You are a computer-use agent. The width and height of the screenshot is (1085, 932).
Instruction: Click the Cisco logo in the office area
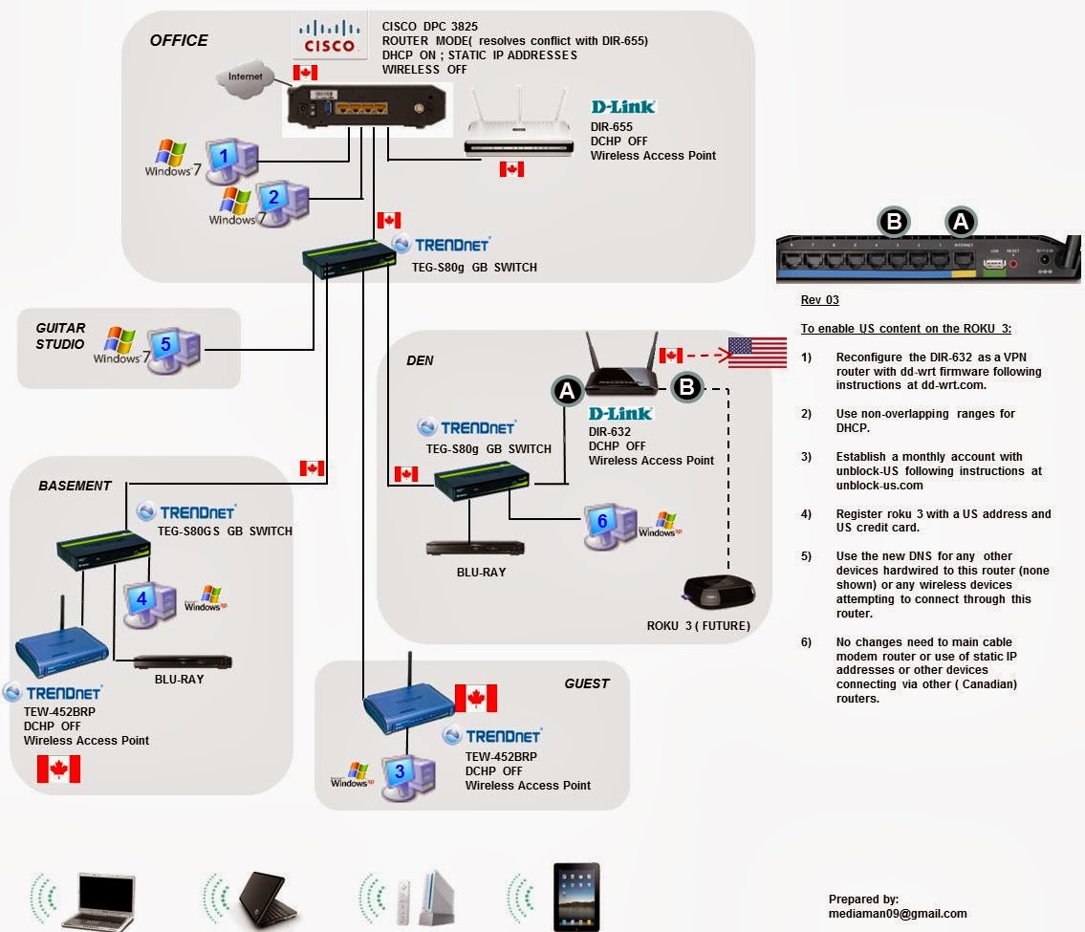pyautogui.click(x=330, y=37)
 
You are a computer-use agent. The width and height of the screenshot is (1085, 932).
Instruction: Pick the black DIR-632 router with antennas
pyautogui.click(x=620, y=368)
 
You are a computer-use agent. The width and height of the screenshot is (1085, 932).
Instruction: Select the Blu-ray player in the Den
pyautogui.click(x=466, y=549)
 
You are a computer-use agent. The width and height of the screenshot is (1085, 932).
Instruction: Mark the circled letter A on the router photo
pyautogui.click(x=961, y=223)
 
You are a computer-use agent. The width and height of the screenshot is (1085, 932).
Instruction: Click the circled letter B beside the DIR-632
pyautogui.click(x=687, y=387)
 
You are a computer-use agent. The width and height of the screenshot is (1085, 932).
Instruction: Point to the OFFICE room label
pyautogui.click(x=179, y=40)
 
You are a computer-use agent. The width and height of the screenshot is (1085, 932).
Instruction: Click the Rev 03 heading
pyautogui.click(x=819, y=300)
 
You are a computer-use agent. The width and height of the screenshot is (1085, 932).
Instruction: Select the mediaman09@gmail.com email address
pyautogui.click(x=898, y=914)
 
